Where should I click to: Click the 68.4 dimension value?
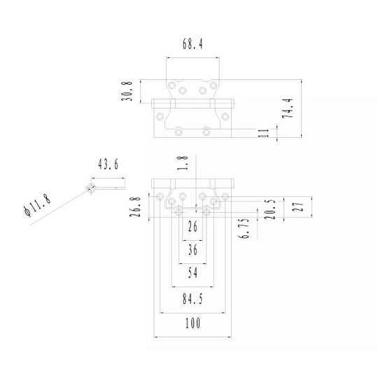pos(192,44)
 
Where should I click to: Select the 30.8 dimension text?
pos(127,91)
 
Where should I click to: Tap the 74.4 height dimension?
pos(288,108)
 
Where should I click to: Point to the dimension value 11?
pos(264,133)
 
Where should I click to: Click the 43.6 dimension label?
pos(108,164)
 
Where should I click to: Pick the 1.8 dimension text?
pos(183,163)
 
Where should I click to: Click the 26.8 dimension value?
pos(135,206)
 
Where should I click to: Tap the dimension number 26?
pos(192,226)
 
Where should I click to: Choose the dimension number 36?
pos(192,250)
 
